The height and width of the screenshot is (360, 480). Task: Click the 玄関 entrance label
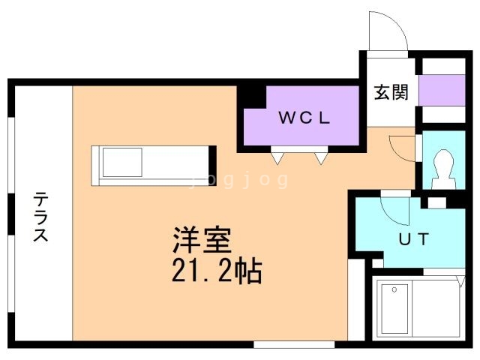click(391, 91)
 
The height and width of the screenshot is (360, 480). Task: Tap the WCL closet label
click(304, 118)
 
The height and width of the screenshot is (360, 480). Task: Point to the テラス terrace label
click(40, 217)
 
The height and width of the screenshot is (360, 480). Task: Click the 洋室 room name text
click(202, 240)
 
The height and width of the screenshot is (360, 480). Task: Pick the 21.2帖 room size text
click(217, 271)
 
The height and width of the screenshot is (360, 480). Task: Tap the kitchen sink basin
click(122, 162)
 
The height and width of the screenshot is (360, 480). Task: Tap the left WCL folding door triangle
click(277, 157)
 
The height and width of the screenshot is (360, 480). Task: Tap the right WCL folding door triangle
click(322, 157)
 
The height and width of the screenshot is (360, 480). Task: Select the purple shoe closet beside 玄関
click(442, 90)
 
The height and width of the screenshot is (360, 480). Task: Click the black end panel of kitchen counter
click(212, 166)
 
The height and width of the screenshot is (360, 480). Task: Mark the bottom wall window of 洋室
click(294, 345)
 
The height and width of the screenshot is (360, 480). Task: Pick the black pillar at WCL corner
click(252, 97)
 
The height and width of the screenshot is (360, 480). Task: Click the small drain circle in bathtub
click(394, 289)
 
